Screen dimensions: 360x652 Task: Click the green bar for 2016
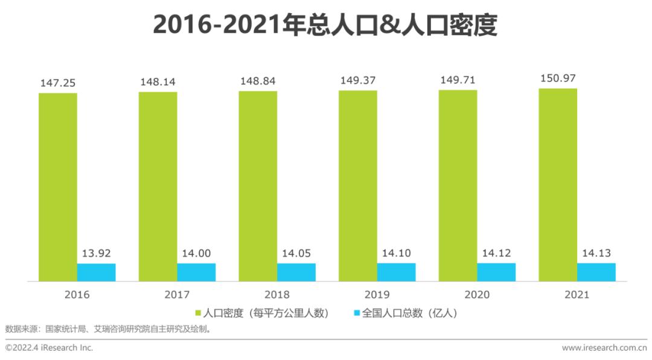click(x=58, y=187)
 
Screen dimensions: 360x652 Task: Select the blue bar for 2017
click(x=196, y=272)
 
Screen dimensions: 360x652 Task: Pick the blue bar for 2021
click(x=596, y=272)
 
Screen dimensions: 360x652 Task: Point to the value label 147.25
click(x=58, y=83)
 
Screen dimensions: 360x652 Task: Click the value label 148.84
click(x=258, y=82)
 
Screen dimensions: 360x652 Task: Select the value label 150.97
click(x=558, y=79)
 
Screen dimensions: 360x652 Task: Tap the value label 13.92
click(x=97, y=254)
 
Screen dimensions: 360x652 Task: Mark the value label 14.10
click(x=397, y=254)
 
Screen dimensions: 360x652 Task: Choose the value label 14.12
click(x=496, y=254)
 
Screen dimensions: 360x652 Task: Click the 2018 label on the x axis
click(x=277, y=295)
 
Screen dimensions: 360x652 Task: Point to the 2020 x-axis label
click(x=477, y=295)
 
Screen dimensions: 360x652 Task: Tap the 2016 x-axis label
click(x=77, y=295)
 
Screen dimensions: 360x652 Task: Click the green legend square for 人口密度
click(x=198, y=313)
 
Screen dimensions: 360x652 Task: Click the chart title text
click(x=325, y=25)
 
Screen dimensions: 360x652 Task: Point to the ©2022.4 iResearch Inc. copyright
click(x=49, y=348)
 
